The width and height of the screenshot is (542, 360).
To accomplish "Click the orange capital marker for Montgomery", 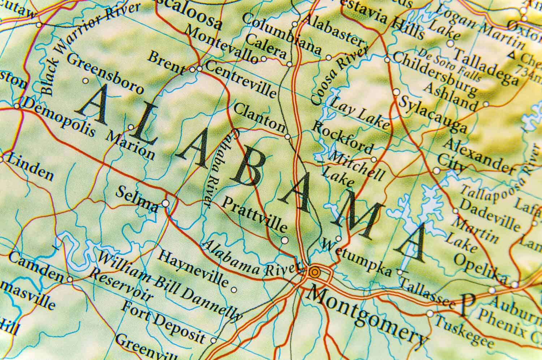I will click(314, 272).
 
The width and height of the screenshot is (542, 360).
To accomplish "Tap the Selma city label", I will click(136, 199).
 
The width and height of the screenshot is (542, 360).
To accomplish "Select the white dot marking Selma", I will click(165, 203).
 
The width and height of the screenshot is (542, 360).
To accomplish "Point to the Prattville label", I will click(254, 215).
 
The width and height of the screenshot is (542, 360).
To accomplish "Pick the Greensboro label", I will click(105, 73).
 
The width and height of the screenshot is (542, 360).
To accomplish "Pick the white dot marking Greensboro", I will click(86, 81).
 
